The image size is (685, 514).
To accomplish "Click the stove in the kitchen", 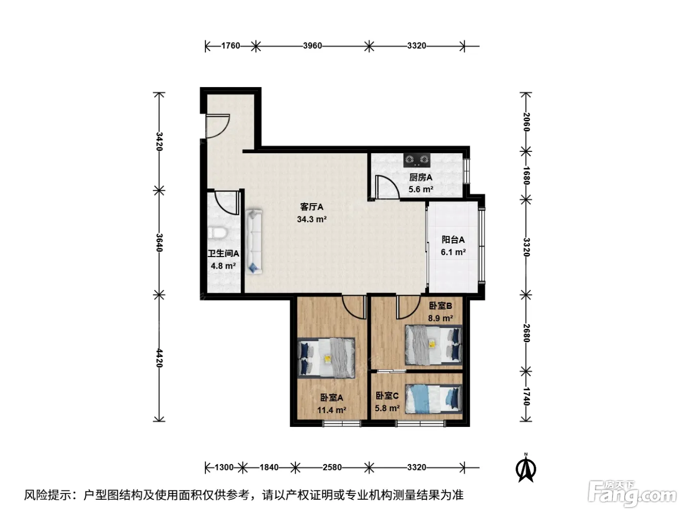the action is pos(416,160).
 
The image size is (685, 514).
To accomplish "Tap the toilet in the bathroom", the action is pos(217,233).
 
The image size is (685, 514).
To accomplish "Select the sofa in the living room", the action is pos(254,241).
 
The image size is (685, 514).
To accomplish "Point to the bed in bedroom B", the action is pos(434,345).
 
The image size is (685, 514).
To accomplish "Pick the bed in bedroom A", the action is pos(326,357).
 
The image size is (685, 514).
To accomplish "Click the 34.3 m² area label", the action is pos(312,219).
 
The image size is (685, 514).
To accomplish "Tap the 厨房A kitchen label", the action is pos(421,177).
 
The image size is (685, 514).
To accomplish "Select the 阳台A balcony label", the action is pos(453,240).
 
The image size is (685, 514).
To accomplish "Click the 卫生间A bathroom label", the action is pos(224,254).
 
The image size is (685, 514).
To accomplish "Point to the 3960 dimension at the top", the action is pos(312,46).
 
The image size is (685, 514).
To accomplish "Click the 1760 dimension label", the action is pos(230,46).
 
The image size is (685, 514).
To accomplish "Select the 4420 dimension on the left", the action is pos(159,358).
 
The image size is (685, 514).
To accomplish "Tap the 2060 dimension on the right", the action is pos(526,122).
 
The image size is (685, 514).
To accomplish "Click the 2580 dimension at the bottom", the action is pos(332,467).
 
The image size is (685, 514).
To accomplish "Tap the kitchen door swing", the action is pos(388,187).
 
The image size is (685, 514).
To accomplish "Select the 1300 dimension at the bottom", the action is pos(224,467).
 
